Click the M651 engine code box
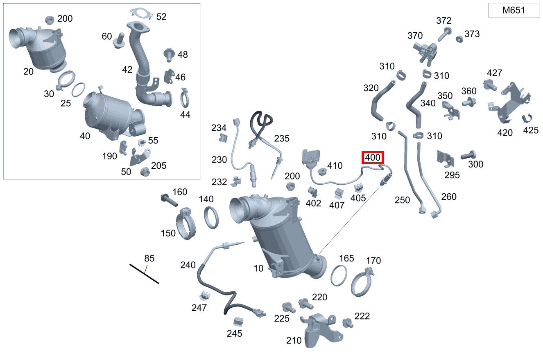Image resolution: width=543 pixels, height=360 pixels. coord(514,10)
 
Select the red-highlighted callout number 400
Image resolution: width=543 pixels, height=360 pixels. coord(373,157)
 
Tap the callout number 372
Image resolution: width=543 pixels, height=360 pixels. coord(444,20)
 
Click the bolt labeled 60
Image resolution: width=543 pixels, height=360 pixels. coord(119,41)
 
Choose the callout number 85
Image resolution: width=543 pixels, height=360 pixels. coord(149,258)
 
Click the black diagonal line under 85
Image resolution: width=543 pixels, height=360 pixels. coord(144,274)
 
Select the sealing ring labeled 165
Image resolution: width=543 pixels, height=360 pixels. coord(339,275)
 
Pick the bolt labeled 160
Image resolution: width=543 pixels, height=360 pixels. coord(169,200)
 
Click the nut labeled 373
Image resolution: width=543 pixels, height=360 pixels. coord(459,39)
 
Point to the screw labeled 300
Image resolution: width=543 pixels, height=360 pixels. coord(468,155)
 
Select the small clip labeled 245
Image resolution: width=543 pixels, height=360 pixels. coord(238,322)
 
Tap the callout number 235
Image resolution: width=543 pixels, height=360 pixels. coord(282,139)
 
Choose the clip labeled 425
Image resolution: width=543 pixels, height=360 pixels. coord(527,119)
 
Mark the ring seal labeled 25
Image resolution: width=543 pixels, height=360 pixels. coord(78,90)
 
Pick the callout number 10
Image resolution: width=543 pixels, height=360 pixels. coord(258,268)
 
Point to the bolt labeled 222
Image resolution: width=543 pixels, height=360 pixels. coord(348,323)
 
